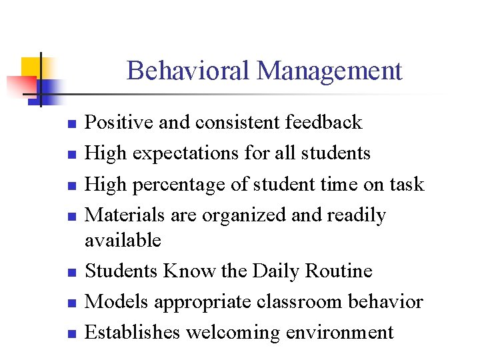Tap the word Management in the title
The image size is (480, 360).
click(x=329, y=70)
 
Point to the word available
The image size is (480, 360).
click(x=123, y=240)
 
